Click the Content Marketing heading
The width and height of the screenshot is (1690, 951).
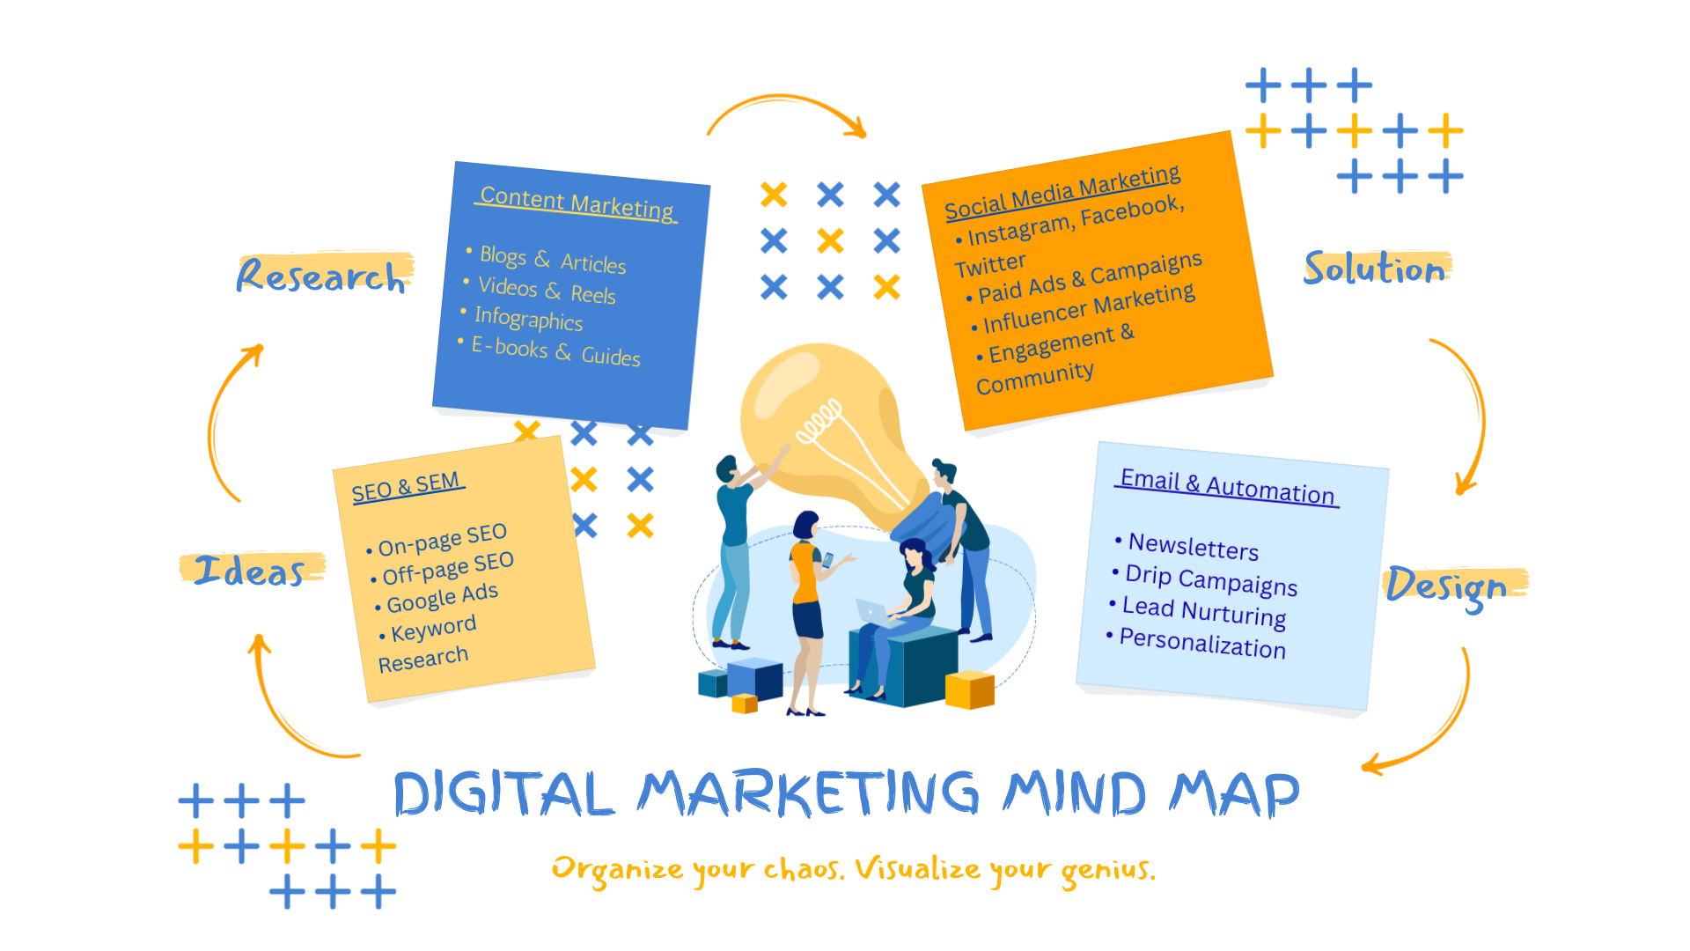[x=577, y=203]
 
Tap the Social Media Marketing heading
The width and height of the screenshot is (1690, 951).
[x=1062, y=192]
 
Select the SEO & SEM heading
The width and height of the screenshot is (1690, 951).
[x=406, y=487]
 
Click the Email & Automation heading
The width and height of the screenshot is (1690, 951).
[x=1227, y=486]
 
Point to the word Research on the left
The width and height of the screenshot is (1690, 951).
[x=321, y=276]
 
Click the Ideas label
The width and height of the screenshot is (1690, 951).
[x=250, y=571]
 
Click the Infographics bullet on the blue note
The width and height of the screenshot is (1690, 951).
[x=528, y=318]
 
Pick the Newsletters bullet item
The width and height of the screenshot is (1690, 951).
[x=1193, y=547]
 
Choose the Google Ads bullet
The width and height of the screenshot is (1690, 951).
[x=442, y=598]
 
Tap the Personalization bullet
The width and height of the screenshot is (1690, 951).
[x=1201, y=644]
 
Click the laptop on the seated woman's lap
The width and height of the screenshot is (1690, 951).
[x=873, y=611]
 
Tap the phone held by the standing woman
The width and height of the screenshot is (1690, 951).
[x=827, y=560]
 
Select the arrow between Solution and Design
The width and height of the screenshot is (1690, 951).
[x=1470, y=414]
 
